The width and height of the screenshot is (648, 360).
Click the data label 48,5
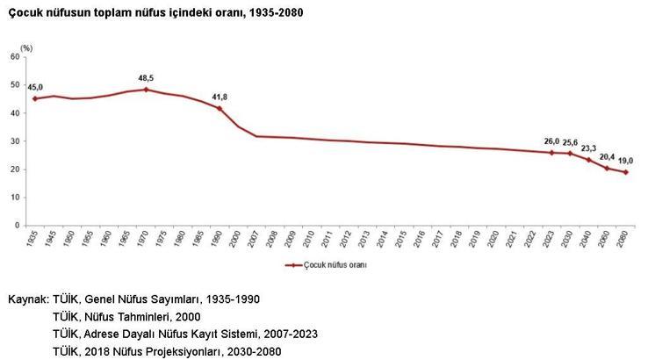(146, 77)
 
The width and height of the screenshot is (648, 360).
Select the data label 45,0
(35, 87)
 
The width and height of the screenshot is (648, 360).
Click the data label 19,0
(625, 160)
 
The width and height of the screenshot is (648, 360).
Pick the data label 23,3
(587, 148)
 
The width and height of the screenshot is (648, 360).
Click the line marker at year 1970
(146, 90)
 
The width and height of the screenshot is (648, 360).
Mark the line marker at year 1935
(35, 98)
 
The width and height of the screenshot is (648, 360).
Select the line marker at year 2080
(625, 172)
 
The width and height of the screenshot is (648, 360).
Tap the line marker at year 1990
(219, 108)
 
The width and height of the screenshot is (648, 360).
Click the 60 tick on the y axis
(16, 56)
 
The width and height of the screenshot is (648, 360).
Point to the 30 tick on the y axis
(16, 140)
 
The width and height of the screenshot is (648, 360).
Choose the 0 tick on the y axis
(18, 226)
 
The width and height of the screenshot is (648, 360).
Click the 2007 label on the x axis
(255, 239)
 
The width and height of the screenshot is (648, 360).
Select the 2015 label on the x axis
(401, 239)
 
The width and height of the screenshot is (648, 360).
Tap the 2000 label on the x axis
(236, 239)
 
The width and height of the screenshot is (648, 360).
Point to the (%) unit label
(26, 47)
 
